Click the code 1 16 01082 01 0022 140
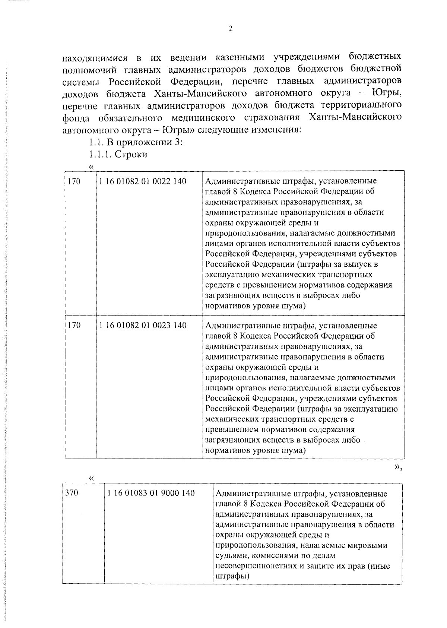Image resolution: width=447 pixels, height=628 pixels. click(143, 181)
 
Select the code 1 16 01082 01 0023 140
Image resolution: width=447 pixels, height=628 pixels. click(143, 325)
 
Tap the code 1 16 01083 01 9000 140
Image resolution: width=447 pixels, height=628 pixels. click(151, 493)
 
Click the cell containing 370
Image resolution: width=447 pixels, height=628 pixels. click(72, 493)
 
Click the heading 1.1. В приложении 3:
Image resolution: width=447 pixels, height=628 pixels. click(135, 142)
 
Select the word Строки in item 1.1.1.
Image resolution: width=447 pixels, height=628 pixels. click(131, 155)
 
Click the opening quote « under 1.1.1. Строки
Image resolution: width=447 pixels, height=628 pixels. click(91, 166)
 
